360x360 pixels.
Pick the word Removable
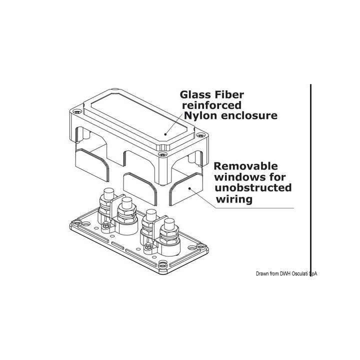(x=246, y=166)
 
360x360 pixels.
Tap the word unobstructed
(x=253, y=188)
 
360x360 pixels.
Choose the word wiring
(x=234, y=199)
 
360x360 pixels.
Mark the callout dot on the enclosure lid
(x=166, y=134)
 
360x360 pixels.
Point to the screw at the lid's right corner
(x=199, y=135)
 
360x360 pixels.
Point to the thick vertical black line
(x=311, y=175)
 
